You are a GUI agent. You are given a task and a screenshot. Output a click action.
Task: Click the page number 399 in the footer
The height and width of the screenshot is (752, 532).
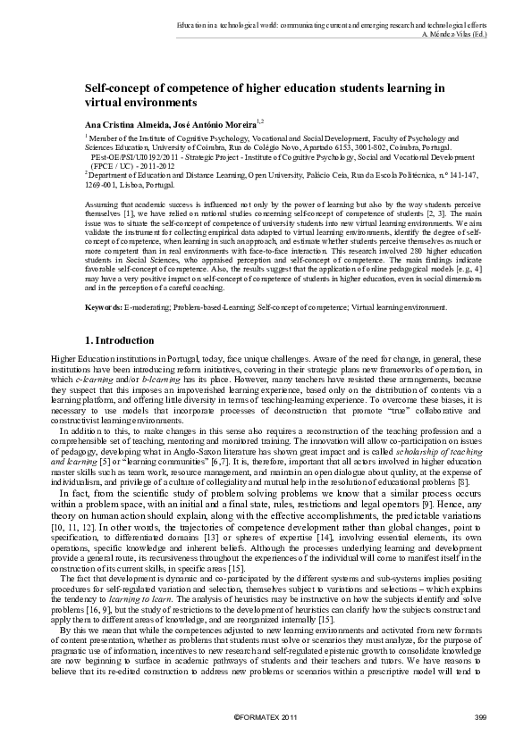pos(479,719)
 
